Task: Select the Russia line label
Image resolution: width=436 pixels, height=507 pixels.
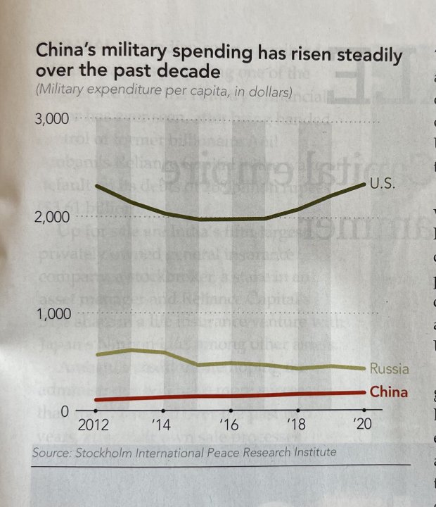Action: click(389, 368)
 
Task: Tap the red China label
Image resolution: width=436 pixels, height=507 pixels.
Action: click(388, 392)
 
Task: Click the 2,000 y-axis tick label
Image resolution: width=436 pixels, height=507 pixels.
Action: click(52, 217)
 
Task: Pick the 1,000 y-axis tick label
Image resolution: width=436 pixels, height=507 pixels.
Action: click(52, 314)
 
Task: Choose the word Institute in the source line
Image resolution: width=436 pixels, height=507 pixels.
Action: click(312, 451)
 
